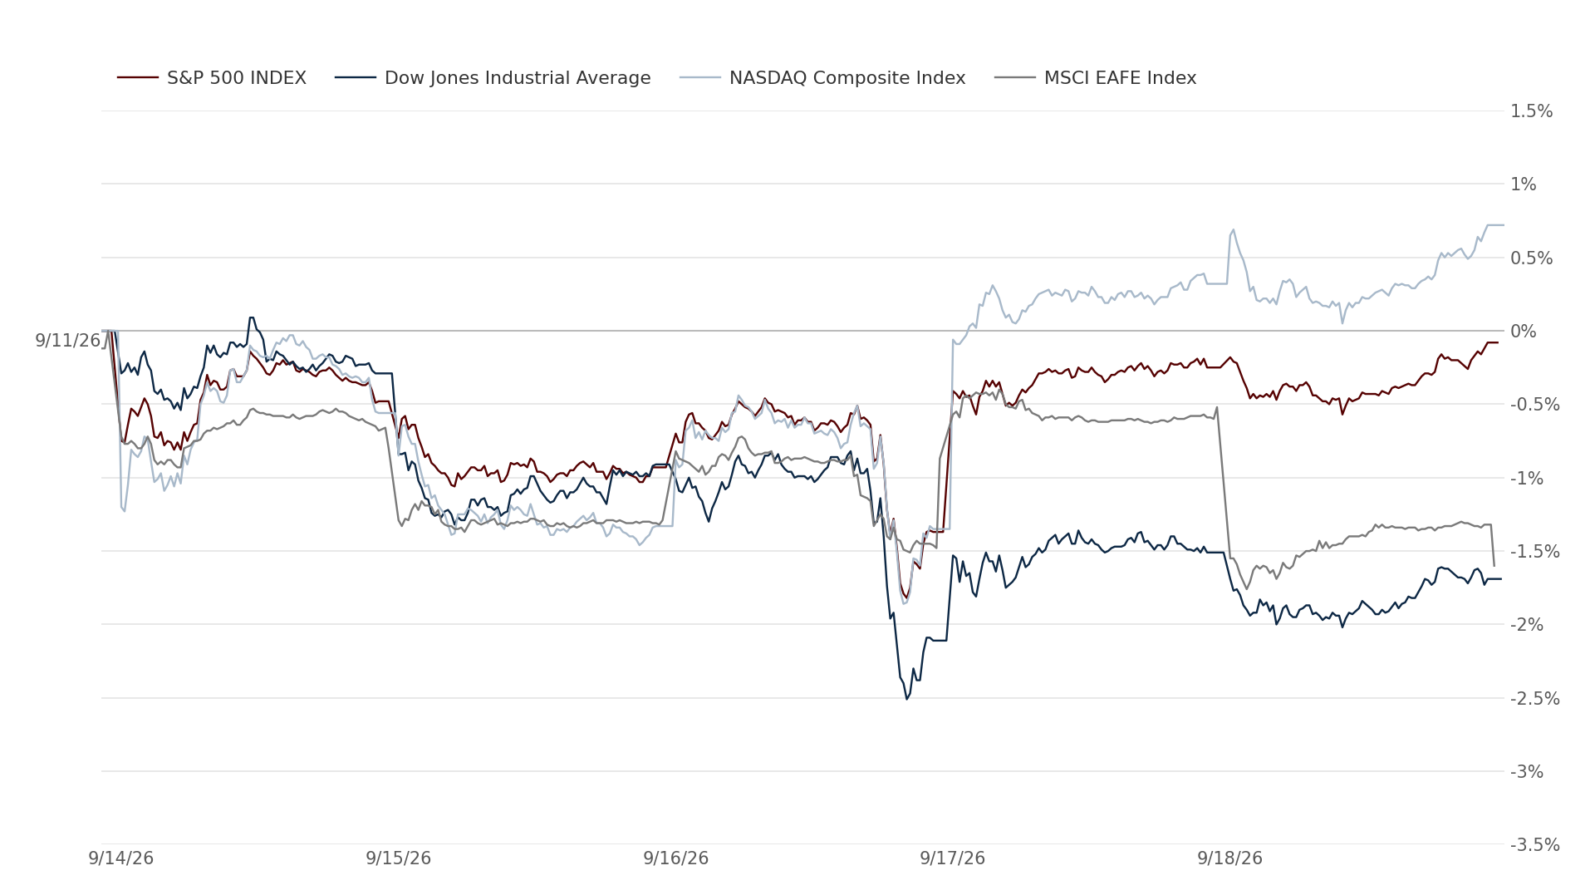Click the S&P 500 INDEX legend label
tap(237, 78)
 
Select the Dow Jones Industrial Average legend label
tap(518, 78)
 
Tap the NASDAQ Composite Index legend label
tap(847, 78)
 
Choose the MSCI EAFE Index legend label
tap(1120, 78)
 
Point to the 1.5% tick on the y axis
tap(1531, 111)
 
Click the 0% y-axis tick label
tap(1524, 332)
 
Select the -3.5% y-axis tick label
tap(1535, 845)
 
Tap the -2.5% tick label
tap(1535, 699)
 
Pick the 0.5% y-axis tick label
tap(1531, 258)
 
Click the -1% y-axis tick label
tap(1527, 479)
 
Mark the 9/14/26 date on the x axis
tap(121, 858)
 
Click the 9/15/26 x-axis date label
tap(399, 858)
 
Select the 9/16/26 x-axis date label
tap(676, 858)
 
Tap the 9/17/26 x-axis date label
tap(953, 858)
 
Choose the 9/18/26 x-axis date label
tap(1230, 858)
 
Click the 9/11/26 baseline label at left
tap(67, 341)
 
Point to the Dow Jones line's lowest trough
tap(907, 699)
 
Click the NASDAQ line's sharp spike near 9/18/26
tap(1233, 230)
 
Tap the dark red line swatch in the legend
tap(138, 78)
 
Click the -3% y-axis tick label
tap(1527, 772)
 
